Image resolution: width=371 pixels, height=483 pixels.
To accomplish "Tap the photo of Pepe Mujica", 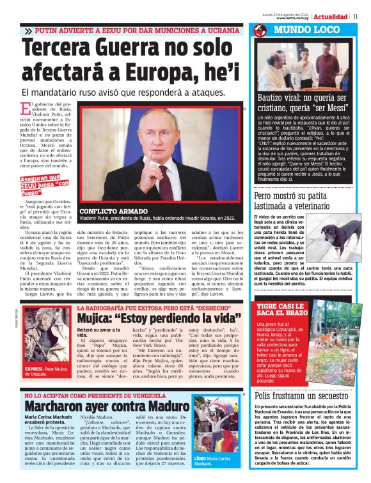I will point(47,343).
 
